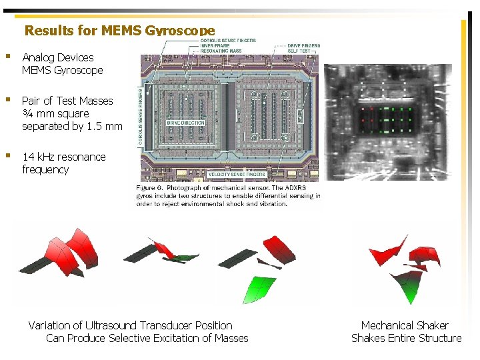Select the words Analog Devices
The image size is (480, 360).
[x=58, y=58]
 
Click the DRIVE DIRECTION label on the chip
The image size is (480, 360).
[x=186, y=123]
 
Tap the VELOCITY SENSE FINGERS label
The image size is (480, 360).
[x=237, y=175]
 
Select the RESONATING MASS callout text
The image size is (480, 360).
[x=219, y=51]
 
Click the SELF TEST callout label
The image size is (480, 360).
[x=299, y=51]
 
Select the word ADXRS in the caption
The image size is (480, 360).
[x=301, y=189]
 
